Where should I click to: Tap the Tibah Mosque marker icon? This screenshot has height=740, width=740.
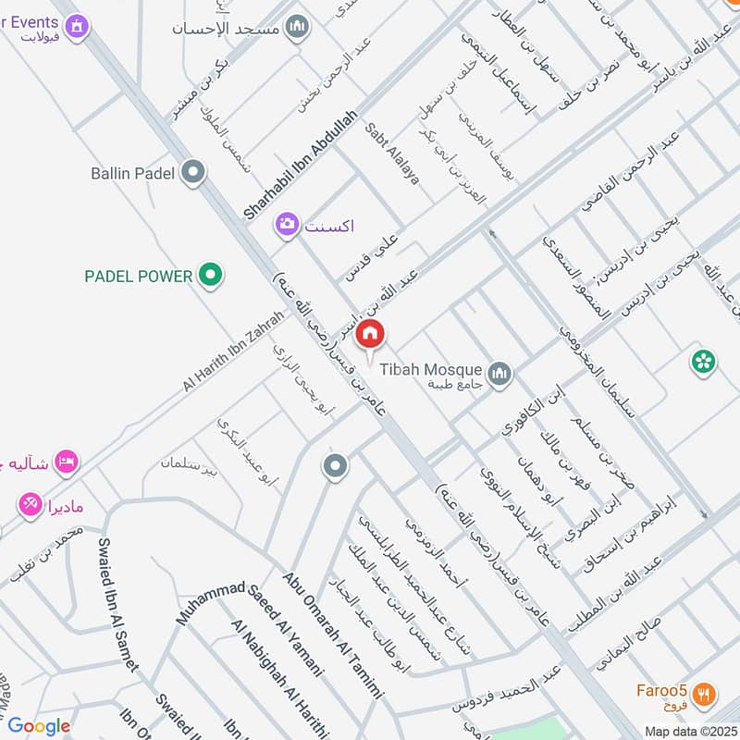tap(500, 374)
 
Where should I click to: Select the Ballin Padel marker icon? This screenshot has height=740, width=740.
tap(193, 173)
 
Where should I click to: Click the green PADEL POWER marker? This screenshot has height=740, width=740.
tap(212, 275)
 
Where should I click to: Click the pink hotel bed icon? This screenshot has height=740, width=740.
tap(66, 461)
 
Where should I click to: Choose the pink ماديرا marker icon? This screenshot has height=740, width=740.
tap(29, 504)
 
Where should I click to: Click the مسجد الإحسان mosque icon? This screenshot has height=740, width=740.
tap(297, 27)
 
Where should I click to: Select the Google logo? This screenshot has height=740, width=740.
tap(39, 726)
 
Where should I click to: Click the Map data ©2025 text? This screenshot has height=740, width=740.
tap(689, 732)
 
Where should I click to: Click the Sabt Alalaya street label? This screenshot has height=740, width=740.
tap(393, 153)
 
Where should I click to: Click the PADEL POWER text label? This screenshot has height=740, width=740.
tap(139, 276)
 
